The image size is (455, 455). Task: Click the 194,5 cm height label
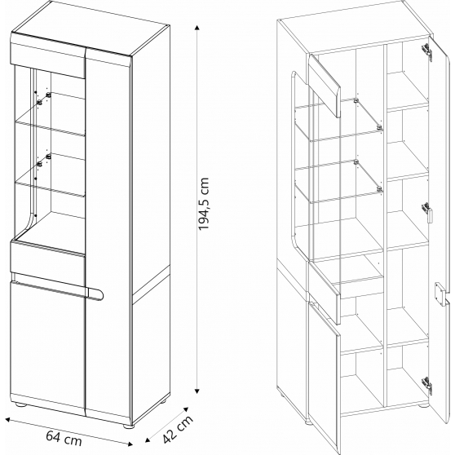pyautogui.click(x=203, y=204)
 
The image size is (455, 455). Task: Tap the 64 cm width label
pyautogui.click(x=64, y=438)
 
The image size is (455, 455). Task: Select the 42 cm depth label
pyautogui.click(x=178, y=429)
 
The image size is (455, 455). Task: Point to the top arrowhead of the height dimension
pyautogui.click(x=197, y=29)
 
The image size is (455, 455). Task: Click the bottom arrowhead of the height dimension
pyautogui.click(x=197, y=391)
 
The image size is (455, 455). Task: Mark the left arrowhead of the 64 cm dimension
pyautogui.click(x=7, y=419)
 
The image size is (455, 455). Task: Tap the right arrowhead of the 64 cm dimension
pyautogui.click(x=130, y=444)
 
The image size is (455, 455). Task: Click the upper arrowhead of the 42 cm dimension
pyautogui.click(x=185, y=409)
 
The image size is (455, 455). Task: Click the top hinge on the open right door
pyautogui.click(x=426, y=51)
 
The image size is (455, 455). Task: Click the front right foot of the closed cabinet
pyautogui.click(x=128, y=426)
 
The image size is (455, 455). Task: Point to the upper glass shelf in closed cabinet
pyautogui.click(x=49, y=125)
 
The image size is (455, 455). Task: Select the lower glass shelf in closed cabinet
pyautogui.click(x=49, y=186)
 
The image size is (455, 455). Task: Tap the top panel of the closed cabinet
pyautogui.click(x=90, y=29)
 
